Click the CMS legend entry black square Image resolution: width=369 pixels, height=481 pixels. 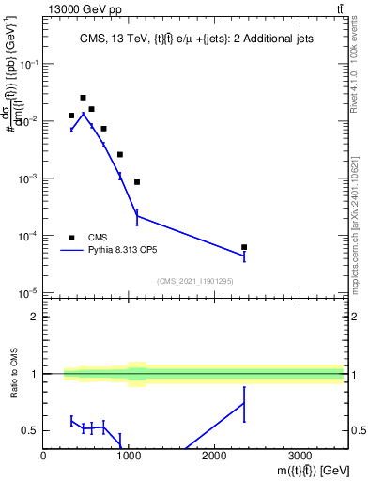pos(71,238)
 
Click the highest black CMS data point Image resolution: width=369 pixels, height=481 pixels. pos(83,98)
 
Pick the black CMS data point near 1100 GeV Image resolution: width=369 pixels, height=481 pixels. pos(137,182)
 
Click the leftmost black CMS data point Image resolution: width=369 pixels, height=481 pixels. pos(71,116)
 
